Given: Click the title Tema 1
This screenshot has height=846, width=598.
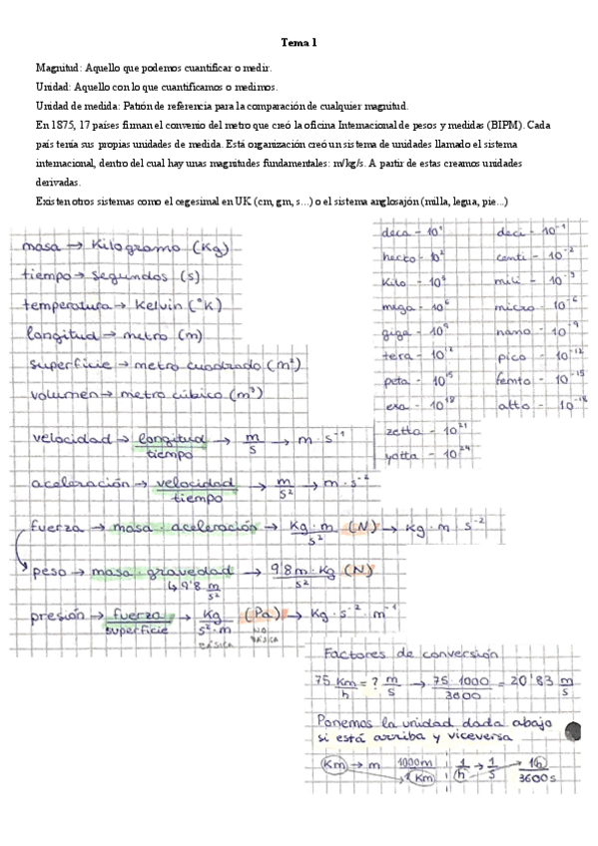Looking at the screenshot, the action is (x=299, y=43).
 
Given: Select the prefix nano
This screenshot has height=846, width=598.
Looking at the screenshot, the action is (x=513, y=330).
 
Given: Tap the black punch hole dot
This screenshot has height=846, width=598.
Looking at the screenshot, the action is (x=576, y=729).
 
